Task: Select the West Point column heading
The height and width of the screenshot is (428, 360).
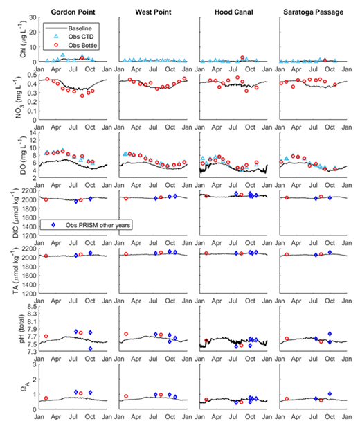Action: coord(153,7)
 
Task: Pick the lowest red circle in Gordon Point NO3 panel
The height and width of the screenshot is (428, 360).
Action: coord(82,96)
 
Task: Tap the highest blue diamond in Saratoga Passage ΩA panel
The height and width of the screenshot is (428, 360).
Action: coord(330,393)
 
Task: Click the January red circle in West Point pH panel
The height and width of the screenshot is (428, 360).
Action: coord(126,334)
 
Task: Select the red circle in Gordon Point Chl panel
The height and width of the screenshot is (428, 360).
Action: coord(82,57)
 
